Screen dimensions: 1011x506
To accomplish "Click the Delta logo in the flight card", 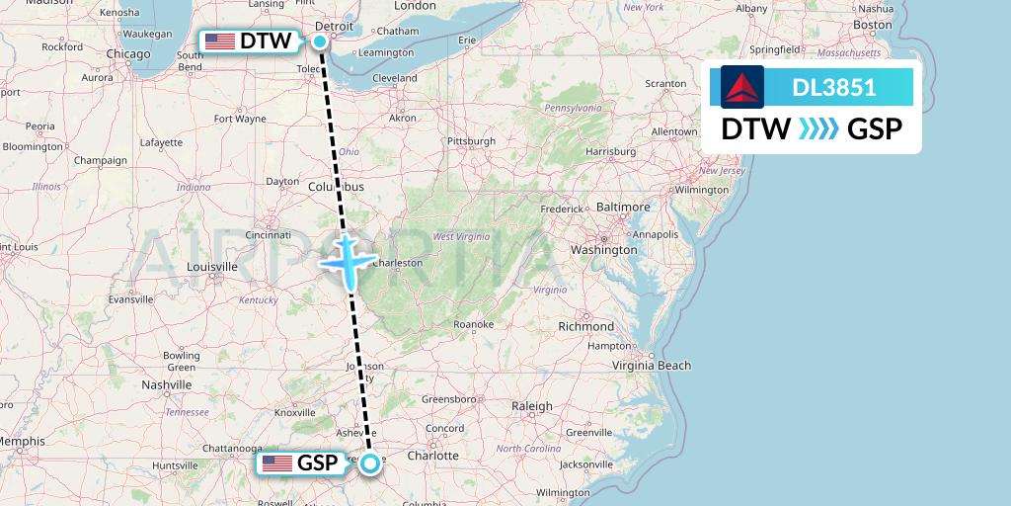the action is point(742,87).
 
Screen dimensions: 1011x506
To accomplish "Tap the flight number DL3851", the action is point(834,88).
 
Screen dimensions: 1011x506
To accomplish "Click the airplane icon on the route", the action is point(348,260).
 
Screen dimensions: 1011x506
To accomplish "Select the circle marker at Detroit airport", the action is point(321,41).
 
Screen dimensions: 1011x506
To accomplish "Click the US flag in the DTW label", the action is point(219,42).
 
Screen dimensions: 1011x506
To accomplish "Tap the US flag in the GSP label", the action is point(277,464).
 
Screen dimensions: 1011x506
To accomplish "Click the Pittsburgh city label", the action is point(471,141).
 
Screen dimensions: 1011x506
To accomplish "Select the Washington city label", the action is point(603,250).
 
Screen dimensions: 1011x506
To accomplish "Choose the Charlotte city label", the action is point(434,456).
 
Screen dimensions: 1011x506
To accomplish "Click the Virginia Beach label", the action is point(652,366).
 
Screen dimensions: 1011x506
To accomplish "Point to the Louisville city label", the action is point(212,267).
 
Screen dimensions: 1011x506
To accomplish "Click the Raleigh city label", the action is point(531,406).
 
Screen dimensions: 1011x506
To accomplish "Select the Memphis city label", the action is point(22,441).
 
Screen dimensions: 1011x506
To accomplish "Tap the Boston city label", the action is point(873,25).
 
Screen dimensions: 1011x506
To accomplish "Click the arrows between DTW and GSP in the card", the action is point(818,128).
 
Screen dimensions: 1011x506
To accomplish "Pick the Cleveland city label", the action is point(395,77).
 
